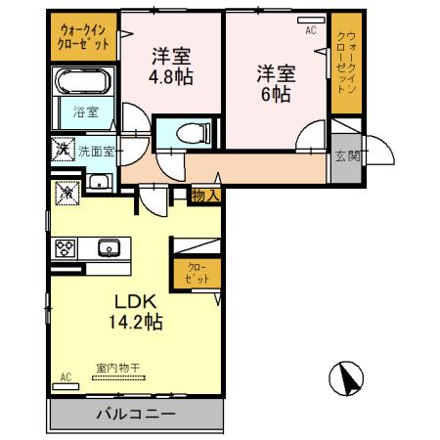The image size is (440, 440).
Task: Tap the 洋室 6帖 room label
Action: [x=277, y=83]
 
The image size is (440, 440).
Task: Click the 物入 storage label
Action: [x=205, y=196]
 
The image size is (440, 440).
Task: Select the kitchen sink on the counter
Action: [x=107, y=245]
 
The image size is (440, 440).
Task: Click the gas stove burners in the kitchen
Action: [x=67, y=247]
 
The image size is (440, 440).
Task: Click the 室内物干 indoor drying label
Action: [x=117, y=368]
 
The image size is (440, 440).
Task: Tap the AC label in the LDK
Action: [x=66, y=376]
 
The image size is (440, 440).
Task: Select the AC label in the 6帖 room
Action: [x=311, y=30]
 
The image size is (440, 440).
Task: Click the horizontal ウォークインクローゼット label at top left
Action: [x=81, y=37]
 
